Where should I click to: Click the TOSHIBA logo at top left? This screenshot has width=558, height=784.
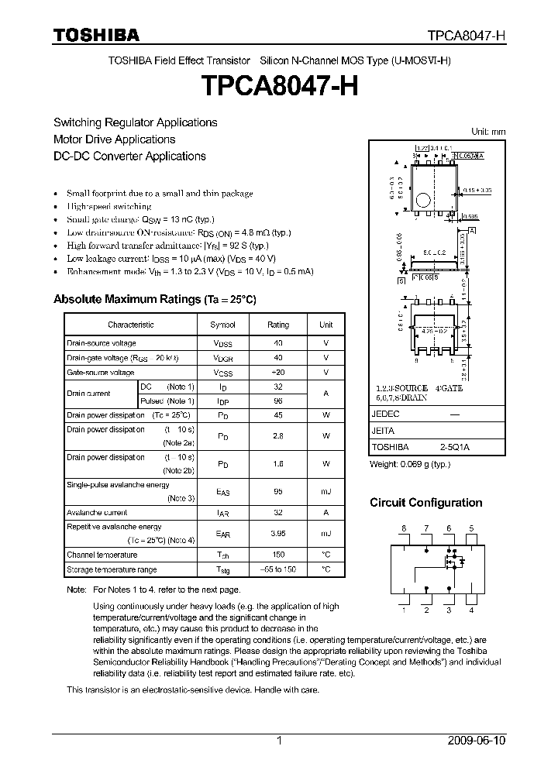tap(96, 35)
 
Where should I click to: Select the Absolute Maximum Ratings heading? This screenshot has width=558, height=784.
tap(154, 299)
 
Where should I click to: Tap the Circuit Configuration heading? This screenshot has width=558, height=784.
tap(425, 503)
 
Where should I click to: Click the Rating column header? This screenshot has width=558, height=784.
tap(277, 325)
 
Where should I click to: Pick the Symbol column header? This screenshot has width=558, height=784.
tap(222, 325)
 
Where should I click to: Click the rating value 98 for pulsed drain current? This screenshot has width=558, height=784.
tap(277, 401)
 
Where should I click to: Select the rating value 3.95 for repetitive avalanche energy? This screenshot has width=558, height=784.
tap(277, 534)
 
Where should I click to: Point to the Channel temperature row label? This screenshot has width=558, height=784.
tap(102, 555)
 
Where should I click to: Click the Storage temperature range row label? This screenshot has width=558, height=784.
tap(112, 569)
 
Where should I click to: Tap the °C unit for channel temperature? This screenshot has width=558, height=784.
tap(325, 555)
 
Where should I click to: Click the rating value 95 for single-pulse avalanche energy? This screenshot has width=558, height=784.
tap(277, 490)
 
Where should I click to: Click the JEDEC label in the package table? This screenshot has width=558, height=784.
tap(384, 414)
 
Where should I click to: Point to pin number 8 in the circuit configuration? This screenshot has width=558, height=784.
tap(403, 528)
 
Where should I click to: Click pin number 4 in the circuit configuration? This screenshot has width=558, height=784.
tap(471, 610)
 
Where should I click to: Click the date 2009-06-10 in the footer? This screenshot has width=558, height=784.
tap(477, 741)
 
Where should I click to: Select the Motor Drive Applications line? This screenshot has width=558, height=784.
tap(114, 139)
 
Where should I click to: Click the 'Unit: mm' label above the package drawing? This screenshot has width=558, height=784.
tap(488, 132)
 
